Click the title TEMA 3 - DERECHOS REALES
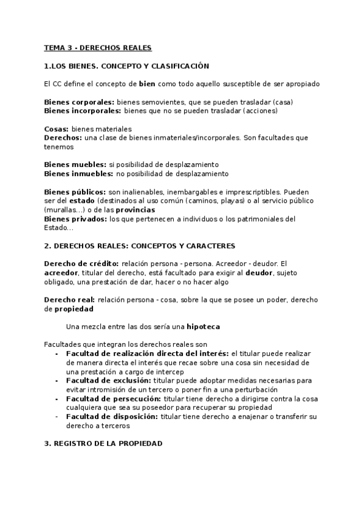coord(97,47)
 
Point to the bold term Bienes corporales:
coord(79,102)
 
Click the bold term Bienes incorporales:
coord(83,111)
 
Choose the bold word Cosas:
coord(57,129)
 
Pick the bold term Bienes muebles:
coord(75,165)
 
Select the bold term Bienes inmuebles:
coord(80,174)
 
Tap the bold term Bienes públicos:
coord(75,192)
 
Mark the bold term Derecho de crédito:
coord(82,263)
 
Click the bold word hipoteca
coord(203,326)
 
